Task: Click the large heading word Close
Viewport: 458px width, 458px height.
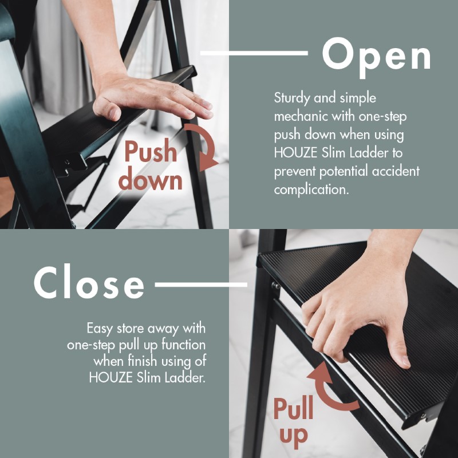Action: [x=89, y=282]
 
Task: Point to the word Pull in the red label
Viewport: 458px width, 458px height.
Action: [x=293, y=409]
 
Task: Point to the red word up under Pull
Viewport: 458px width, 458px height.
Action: [x=294, y=437]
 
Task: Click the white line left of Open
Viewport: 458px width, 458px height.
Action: [x=254, y=53]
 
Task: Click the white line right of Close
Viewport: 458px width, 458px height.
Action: [x=201, y=285]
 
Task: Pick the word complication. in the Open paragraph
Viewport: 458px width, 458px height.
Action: [x=311, y=190]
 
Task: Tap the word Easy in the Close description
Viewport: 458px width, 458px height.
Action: [x=100, y=329]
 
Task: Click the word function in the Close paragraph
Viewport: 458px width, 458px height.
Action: [x=183, y=345]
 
